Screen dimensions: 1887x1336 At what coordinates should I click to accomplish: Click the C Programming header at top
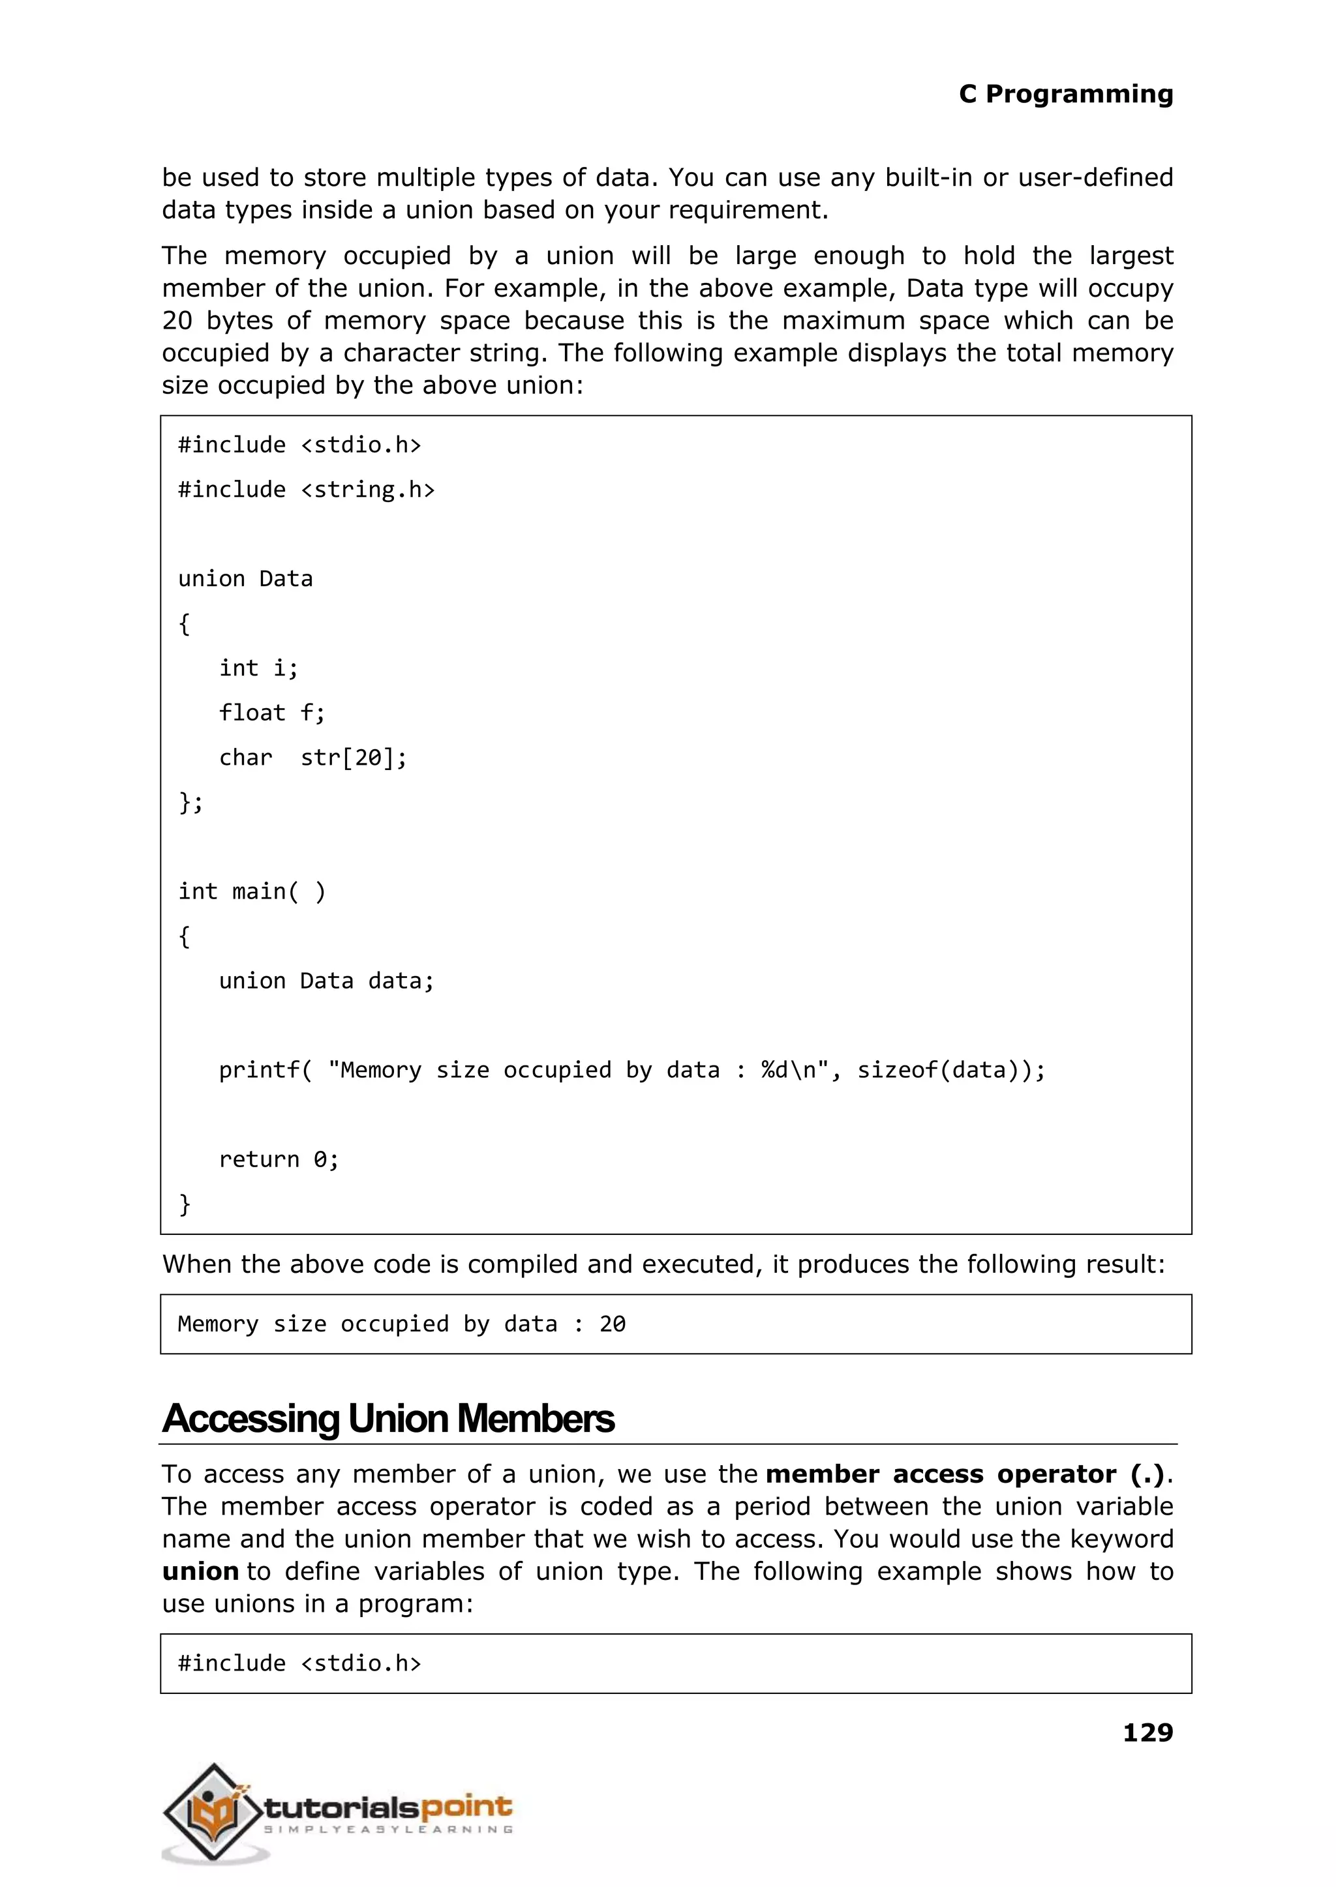(1065, 94)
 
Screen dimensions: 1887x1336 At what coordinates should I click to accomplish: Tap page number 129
(1147, 1733)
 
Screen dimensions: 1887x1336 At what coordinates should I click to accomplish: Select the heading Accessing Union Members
(387, 1419)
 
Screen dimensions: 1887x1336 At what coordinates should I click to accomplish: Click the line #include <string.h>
(306, 490)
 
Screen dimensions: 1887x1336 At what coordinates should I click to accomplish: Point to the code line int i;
(258, 668)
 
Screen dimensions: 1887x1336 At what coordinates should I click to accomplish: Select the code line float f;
(271, 713)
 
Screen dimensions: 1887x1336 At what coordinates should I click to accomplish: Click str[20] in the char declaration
(352, 757)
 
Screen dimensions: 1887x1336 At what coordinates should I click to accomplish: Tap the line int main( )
(252, 891)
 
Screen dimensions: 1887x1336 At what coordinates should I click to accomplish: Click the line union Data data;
(326, 981)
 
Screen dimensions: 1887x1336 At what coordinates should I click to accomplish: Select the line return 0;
(278, 1159)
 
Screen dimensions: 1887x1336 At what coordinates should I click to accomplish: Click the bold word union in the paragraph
(200, 1571)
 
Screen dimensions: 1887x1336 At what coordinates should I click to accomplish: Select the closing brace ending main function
(185, 1204)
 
